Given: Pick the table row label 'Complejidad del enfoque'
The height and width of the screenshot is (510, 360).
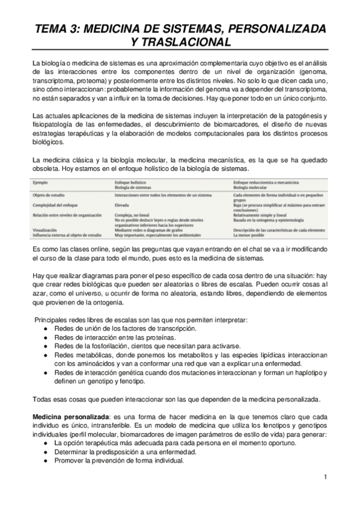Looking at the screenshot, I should pyautogui.click(x=56, y=204).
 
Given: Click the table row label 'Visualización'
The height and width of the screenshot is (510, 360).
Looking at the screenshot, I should pyautogui.click(x=46, y=230).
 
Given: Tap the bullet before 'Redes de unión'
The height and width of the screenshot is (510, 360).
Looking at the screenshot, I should pyautogui.click(x=47, y=330).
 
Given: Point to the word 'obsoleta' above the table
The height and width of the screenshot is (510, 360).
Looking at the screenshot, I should pyautogui.click(x=47, y=170).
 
